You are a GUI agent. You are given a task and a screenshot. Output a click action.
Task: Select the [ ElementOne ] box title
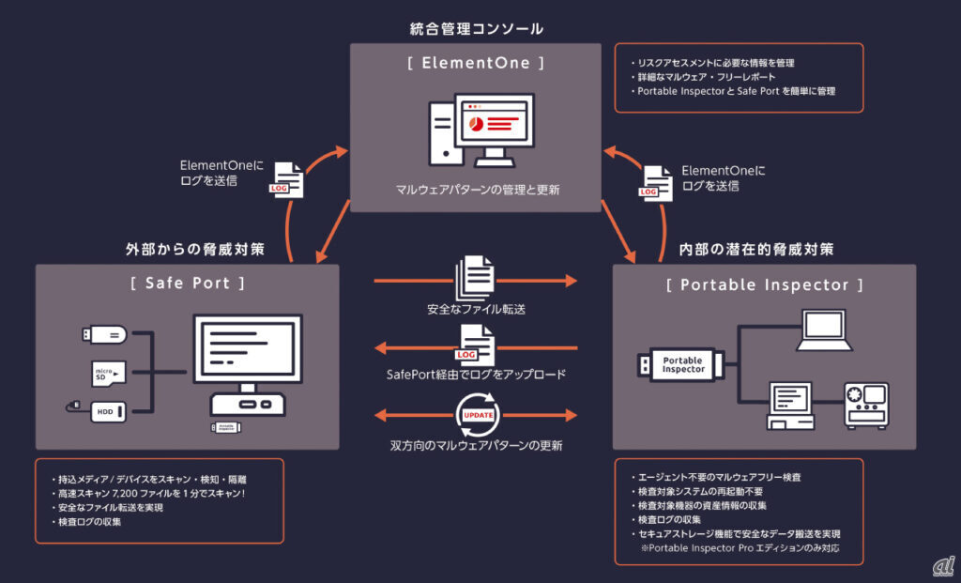(x=476, y=63)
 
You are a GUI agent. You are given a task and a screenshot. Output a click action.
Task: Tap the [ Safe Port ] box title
(x=188, y=283)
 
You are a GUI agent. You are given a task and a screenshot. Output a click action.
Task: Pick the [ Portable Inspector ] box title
(x=764, y=284)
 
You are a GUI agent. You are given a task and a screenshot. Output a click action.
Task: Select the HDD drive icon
(x=107, y=410)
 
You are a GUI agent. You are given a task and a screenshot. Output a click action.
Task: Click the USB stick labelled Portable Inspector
(x=680, y=364)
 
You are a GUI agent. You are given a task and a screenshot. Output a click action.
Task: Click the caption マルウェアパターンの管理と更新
(x=477, y=189)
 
